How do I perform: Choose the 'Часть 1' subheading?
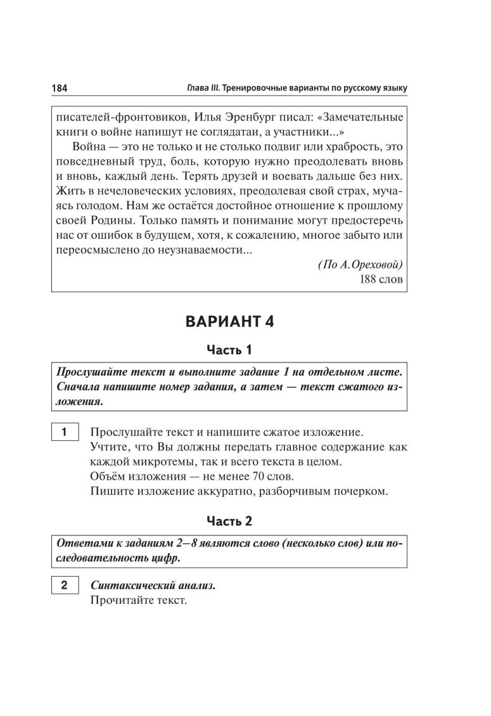tap(229, 350)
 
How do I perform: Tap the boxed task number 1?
tap(64, 433)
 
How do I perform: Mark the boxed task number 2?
tap(64, 585)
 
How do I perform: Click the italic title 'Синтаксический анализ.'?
tap(153, 585)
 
